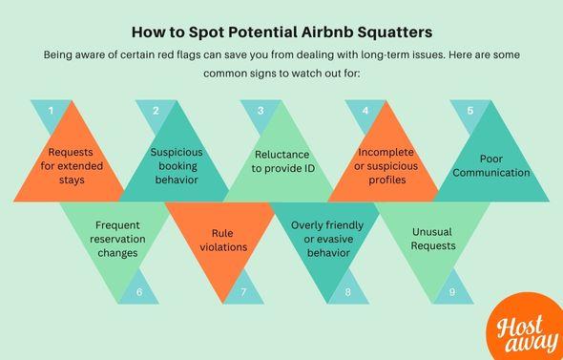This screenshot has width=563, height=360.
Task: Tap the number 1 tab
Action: coord(51,111)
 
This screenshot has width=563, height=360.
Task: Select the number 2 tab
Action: coord(155,111)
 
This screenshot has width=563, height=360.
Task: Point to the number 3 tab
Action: coord(260,111)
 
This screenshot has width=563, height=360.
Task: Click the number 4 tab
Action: coord(365,111)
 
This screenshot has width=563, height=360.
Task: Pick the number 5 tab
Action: coord(469,111)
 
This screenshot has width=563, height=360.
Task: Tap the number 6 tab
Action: coord(140,291)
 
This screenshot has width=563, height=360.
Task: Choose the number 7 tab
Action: coord(244,291)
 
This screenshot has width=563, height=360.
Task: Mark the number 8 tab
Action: coord(348,291)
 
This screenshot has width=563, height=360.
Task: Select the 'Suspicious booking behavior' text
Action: coord(183,165)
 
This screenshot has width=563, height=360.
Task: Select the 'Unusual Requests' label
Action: coord(432,239)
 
